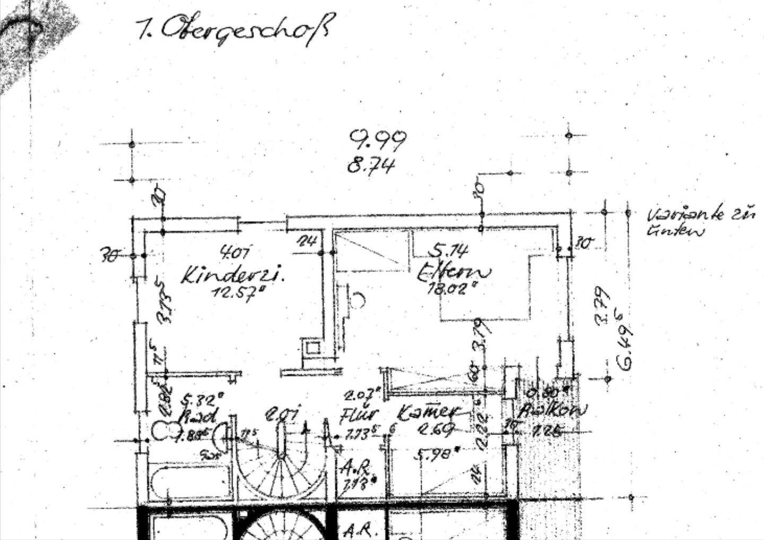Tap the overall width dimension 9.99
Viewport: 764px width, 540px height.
tap(378, 140)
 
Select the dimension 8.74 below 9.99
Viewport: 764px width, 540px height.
tap(371, 166)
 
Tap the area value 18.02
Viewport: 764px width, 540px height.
tap(452, 289)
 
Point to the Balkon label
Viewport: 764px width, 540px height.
tap(553, 411)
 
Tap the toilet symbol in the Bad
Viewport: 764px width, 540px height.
tap(165, 430)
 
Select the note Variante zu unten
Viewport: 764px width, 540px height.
tap(700, 222)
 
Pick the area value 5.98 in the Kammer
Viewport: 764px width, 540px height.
tap(438, 454)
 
